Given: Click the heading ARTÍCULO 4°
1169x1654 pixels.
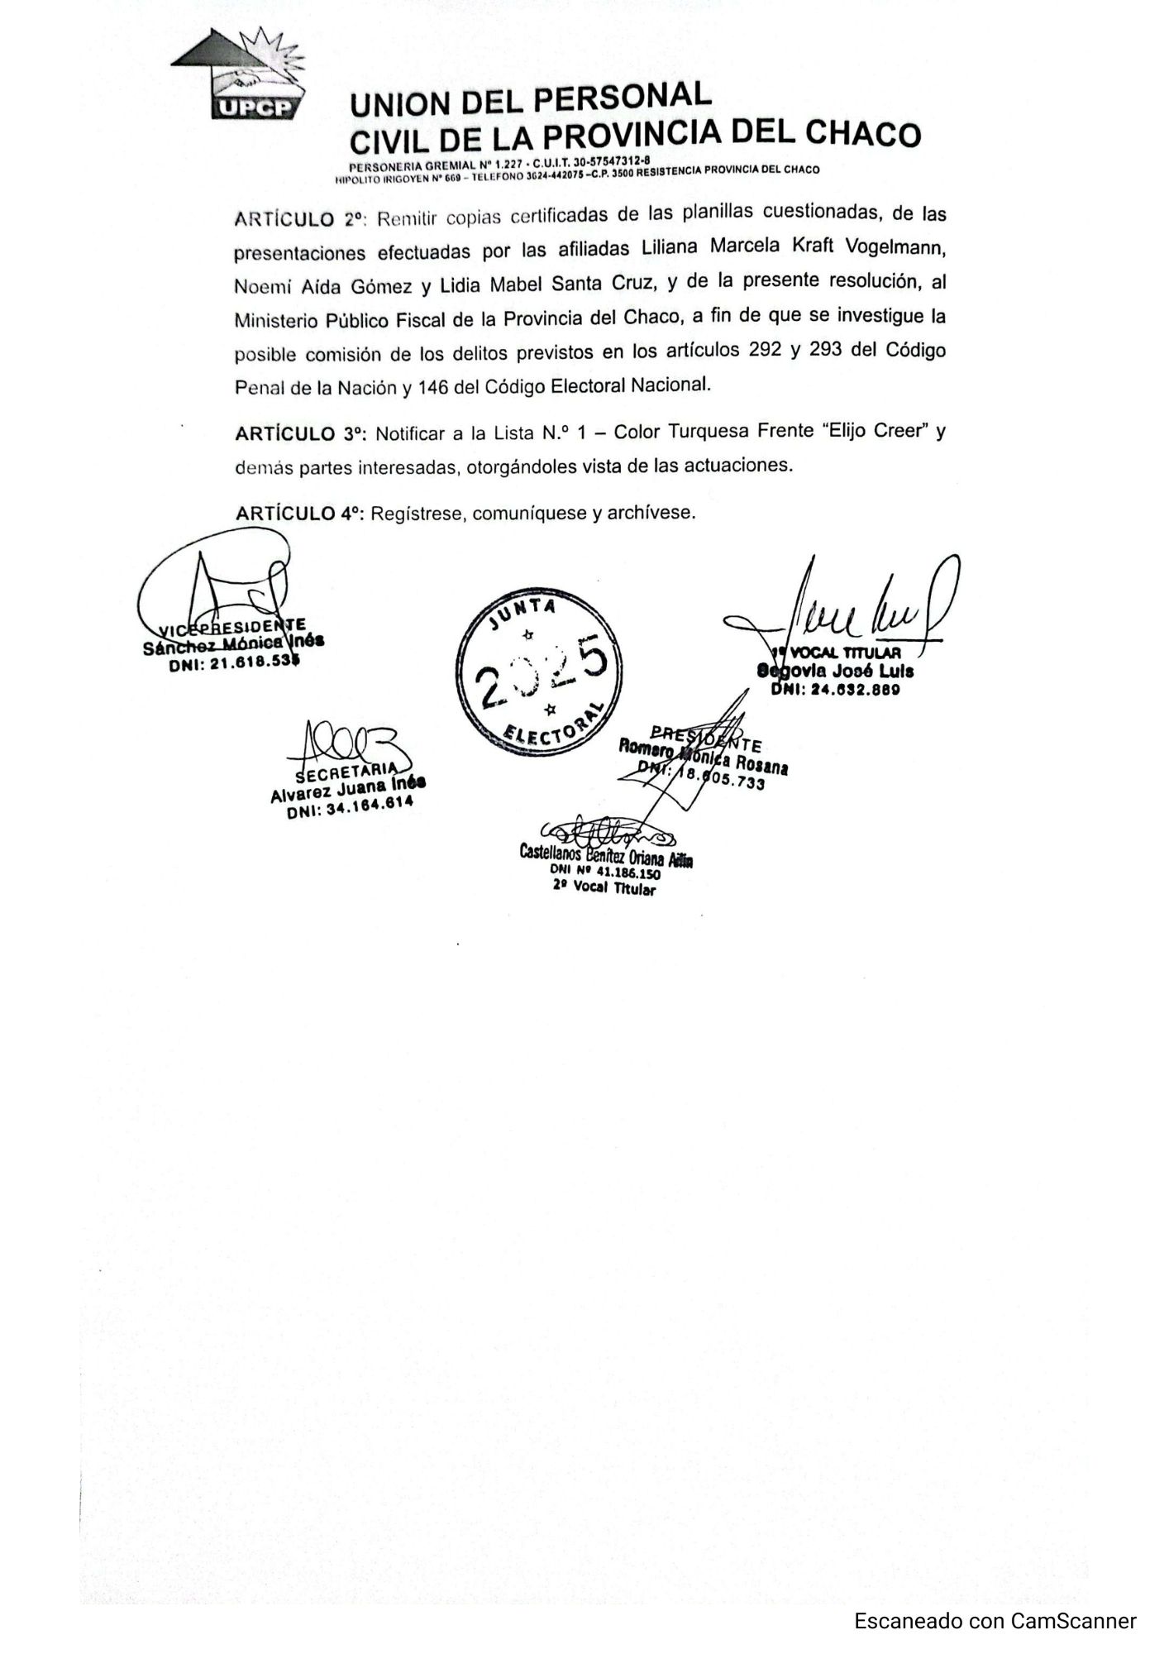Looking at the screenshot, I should click(300, 514).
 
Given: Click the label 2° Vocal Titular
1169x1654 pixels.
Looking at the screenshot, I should click(604, 887).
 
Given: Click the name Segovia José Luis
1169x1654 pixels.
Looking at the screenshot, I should click(835, 672).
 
